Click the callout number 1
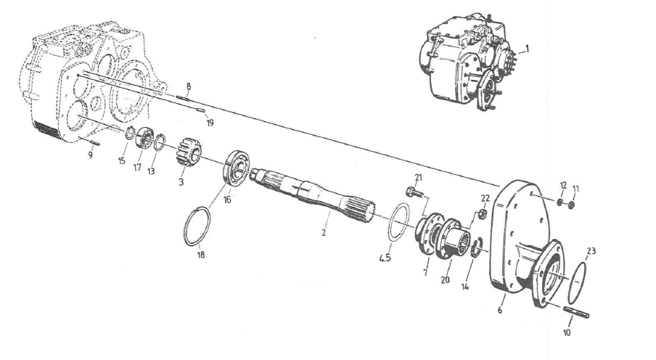point(528,49)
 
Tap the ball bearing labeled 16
point(236,168)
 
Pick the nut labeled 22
point(480,215)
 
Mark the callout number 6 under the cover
point(499,309)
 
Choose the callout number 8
point(188,86)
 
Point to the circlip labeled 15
point(128,133)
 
